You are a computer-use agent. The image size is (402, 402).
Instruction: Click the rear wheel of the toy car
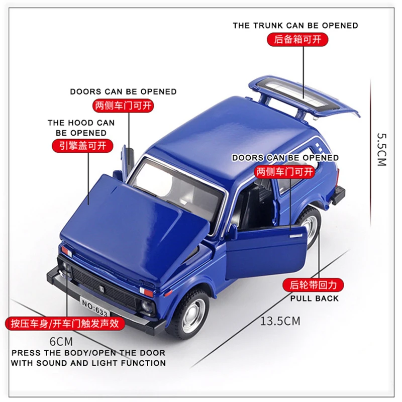(x=311, y=226)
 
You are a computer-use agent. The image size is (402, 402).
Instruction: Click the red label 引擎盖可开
(x=82, y=146)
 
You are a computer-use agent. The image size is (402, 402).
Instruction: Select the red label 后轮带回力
(x=314, y=285)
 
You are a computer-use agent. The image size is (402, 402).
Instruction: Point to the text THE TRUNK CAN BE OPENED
(x=295, y=25)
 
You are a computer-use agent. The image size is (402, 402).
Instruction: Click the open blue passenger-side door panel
(x=266, y=251)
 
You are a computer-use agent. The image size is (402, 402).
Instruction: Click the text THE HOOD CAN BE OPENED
(x=81, y=128)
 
